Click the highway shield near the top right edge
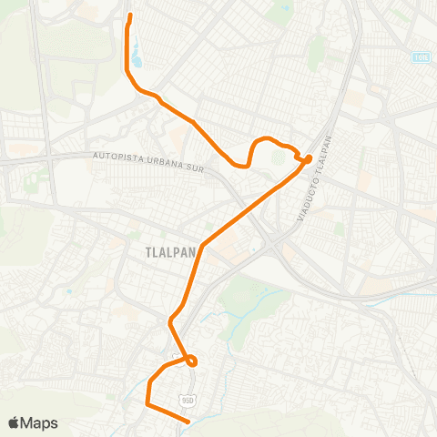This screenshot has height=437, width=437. tap(420, 57)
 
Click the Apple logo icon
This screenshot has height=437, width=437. tap(14, 422)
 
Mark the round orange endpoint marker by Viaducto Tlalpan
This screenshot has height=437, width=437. tap(309, 158)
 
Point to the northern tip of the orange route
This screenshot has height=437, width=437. tap(130, 15)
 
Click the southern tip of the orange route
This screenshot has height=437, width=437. tap(187, 422)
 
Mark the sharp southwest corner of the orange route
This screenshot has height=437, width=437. tap(147, 401)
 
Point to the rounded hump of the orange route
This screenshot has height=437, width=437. tap(266, 139)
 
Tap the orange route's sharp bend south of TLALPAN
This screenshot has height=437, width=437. tap(170, 321)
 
